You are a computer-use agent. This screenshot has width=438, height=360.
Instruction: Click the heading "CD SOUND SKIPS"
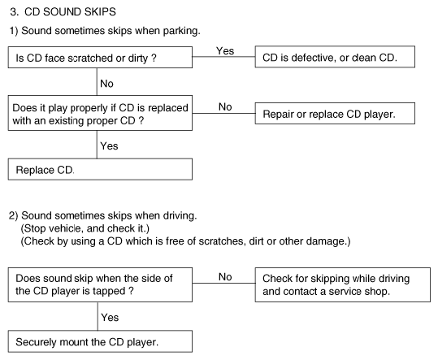click(x=70, y=11)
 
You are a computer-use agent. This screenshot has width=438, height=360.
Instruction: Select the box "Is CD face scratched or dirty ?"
click(x=100, y=57)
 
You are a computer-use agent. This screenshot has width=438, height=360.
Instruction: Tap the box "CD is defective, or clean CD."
click(x=335, y=57)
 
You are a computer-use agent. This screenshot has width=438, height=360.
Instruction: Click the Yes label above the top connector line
click(x=225, y=51)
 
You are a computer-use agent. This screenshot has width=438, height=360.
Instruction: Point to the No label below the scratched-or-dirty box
click(x=106, y=84)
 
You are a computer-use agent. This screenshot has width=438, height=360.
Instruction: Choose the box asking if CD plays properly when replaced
click(x=100, y=113)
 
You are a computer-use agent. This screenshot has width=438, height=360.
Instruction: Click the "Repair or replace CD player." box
click(x=335, y=114)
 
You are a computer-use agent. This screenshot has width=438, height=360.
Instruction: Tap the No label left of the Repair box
click(x=225, y=106)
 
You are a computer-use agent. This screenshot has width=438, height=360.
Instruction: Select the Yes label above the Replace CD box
click(x=109, y=145)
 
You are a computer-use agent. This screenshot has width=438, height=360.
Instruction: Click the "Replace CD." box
click(x=100, y=169)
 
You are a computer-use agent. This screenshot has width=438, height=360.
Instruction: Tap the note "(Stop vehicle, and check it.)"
click(x=85, y=228)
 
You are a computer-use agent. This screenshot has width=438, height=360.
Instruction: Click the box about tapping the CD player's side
click(x=100, y=285)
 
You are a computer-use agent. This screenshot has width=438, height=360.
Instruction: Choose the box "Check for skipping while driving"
click(x=342, y=285)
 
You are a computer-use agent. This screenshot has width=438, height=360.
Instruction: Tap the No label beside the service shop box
click(x=225, y=277)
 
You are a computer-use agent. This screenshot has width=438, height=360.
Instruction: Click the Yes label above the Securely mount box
click(x=110, y=317)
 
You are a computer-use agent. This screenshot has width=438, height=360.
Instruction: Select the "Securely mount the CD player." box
click(x=100, y=341)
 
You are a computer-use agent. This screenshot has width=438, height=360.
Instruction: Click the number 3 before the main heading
click(x=14, y=12)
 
